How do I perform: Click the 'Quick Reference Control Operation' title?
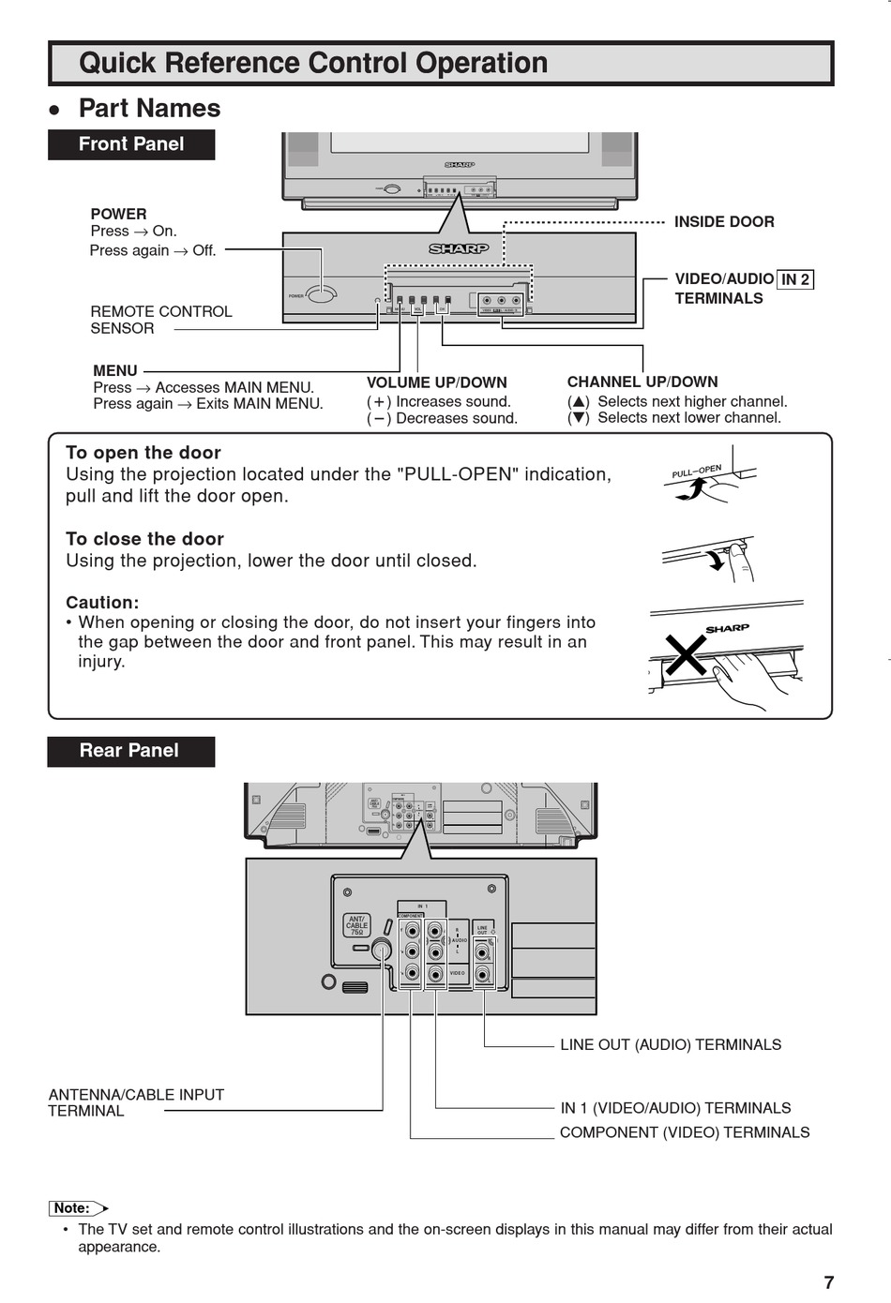[x=313, y=64]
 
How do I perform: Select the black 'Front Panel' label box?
[x=131, y=144]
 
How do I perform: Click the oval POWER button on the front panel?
[x=321, y=294]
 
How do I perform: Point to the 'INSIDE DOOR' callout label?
[x=724, y=222]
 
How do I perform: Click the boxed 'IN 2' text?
[x=795, y=279]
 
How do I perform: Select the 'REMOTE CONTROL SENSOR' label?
[x=160, y=320]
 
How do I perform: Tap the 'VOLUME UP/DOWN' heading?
[x=436, y=382]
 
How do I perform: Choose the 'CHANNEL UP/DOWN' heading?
[x=642, y=382]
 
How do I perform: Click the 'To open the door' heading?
[x=143, y=453]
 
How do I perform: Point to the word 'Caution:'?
[x=102, y=603]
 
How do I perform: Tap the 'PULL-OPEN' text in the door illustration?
[x=696, y=471]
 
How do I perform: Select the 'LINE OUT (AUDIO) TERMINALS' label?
[x=671, y=1044]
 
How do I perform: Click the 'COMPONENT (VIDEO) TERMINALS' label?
[x=685, y=1132]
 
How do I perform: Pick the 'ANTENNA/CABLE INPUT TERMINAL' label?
[x=136, y=1102]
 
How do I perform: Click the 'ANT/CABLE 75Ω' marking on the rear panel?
[x=356, y=925]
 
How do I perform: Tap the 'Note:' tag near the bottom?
[x=73, y=1208]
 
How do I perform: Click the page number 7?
[x=828, y=1282]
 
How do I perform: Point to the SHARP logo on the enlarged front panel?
[x=459, y=248]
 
